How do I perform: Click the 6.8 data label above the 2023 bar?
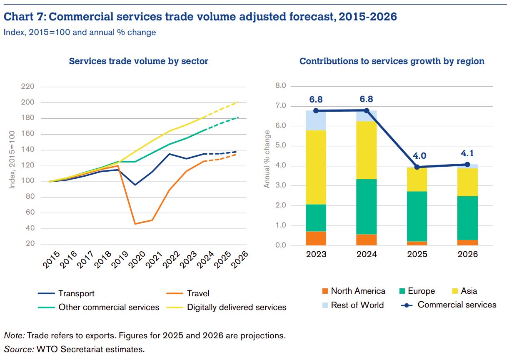(316, 100)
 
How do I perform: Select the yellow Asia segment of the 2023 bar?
(316, 167)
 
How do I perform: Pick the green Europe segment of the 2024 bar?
(366, 206)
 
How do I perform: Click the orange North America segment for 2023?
(316, 238)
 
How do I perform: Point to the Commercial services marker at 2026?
(467, 164)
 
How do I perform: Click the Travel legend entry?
(198, 293)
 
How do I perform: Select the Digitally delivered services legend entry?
(236, 307)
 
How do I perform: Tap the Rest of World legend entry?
(357, 305)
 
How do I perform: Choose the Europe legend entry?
(421, 291)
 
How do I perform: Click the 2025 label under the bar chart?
(417, 254)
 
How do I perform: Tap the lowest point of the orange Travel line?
(135, 224)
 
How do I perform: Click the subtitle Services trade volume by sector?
(138, 61)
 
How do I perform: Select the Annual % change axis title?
(267, 159)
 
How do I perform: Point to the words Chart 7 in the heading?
(25, 17)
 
